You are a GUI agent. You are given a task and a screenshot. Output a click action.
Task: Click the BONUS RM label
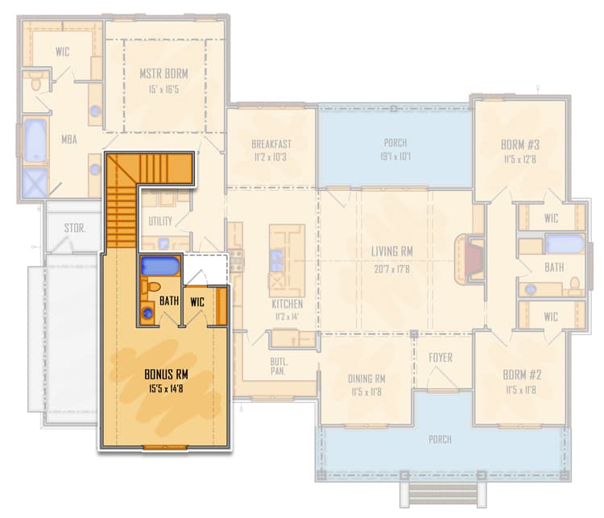click(x=168, y=375)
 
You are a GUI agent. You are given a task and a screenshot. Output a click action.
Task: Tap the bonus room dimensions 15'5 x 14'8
click(x=168, y=388)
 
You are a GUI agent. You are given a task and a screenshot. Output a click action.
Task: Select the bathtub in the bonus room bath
click(x=160, y=266)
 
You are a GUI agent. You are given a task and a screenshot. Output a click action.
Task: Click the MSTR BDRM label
click(x=164, y=73)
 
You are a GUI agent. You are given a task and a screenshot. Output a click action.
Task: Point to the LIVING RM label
click(x=391, y=251)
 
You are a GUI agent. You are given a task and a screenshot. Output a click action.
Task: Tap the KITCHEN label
click(x=287, y=304)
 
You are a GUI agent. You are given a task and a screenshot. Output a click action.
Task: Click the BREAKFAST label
click(x=271, y=144)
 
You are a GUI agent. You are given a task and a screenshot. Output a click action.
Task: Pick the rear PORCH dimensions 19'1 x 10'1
click(x=395, y=156)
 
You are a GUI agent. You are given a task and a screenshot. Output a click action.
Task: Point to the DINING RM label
click(x=366, y=379)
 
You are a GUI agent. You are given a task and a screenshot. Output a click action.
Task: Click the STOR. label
click(x=75, y=228)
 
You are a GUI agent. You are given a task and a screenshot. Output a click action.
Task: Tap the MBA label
click(x=68, y=138)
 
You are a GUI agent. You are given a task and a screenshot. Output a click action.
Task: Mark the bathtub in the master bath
click(x=35, y=142)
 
